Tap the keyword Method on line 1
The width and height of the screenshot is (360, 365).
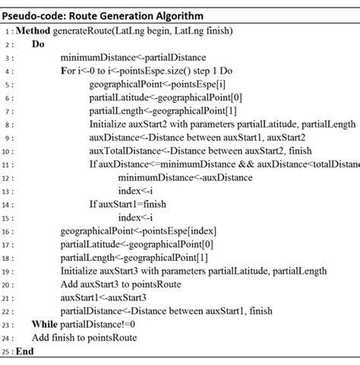point(34,31)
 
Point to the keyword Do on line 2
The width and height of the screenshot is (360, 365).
point(38,45)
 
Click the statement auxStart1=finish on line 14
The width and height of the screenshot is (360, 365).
point(134,204)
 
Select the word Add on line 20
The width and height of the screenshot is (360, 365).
point(70,284)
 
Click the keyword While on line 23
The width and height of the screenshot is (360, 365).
point(45,324)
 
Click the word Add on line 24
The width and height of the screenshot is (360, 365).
point(42,337)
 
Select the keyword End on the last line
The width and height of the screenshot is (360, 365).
point(25,351)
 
